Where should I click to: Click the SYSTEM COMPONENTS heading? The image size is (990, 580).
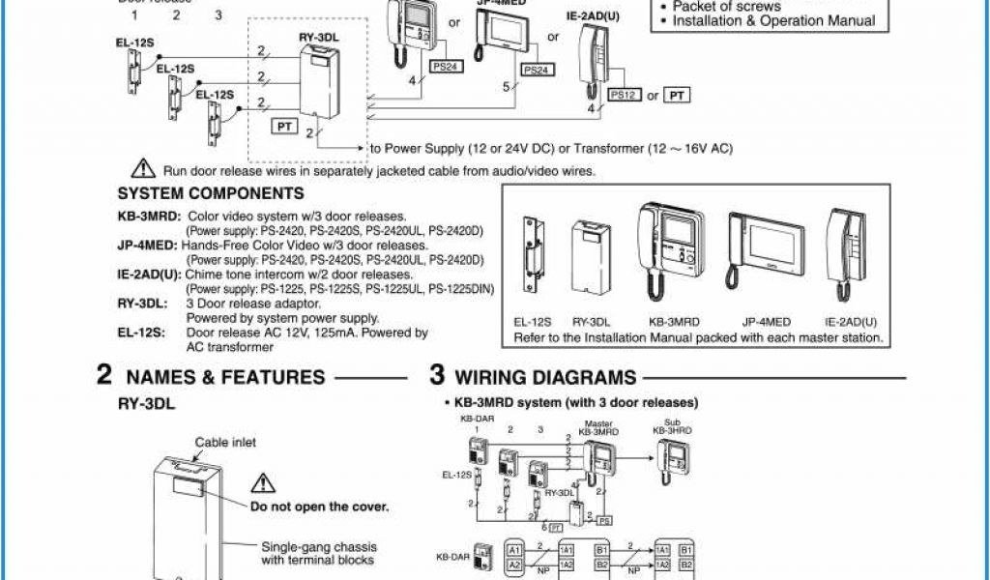184,193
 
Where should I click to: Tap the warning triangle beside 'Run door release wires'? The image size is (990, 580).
144,168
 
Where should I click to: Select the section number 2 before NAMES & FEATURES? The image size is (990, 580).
104,376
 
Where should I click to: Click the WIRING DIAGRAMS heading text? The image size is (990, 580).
545,377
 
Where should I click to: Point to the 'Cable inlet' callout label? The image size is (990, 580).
225,442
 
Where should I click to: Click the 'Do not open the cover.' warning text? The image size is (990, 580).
319,507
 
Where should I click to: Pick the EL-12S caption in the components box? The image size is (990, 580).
532,322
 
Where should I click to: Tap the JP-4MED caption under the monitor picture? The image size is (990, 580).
767,322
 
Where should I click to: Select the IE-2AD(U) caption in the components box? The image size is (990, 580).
851,322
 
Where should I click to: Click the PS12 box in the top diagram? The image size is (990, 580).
623,95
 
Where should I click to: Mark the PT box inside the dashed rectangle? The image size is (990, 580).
285,126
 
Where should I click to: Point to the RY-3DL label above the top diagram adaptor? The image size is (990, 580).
317,38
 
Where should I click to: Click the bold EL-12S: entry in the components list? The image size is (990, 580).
140,333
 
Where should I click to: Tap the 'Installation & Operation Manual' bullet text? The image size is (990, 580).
773,20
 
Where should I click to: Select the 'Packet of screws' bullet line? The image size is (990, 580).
726,6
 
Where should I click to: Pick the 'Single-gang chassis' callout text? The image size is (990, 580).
319,547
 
